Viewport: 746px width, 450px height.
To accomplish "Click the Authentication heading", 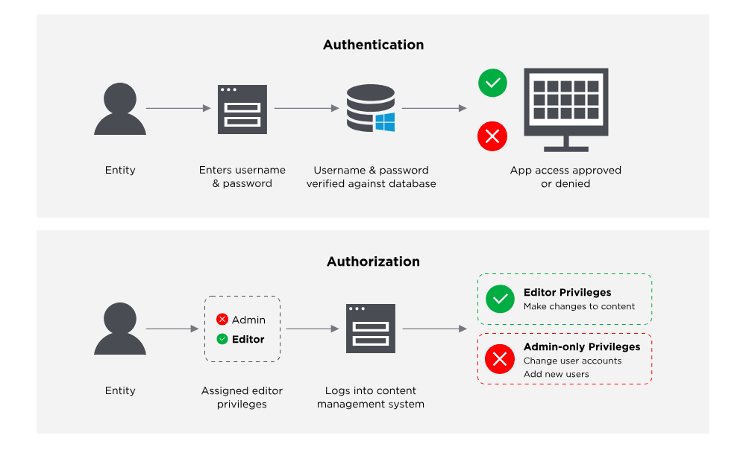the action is click(374, 45).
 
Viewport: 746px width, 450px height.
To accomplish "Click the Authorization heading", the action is click(374, 262).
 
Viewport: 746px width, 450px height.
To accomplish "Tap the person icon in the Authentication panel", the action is click(120, 109).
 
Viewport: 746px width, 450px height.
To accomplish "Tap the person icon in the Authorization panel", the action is click(120, 329).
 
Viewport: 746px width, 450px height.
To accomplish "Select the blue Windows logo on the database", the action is click(385, 122).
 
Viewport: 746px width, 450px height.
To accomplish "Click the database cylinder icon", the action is click(371, 108).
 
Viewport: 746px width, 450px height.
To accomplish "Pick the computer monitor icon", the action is click(566, 110).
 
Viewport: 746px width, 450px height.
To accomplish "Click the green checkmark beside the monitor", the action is click(492, 83).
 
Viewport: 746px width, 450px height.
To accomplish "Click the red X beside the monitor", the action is click(492, 136).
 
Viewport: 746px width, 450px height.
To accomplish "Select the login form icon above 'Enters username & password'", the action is click(242, 110).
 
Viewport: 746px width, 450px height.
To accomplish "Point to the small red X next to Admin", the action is click(222, 320).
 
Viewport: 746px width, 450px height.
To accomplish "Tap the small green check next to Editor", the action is click(222, 339).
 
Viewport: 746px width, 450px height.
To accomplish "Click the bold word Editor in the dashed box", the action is click(248, 339).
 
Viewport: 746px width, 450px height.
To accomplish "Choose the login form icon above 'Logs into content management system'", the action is click(371, 329).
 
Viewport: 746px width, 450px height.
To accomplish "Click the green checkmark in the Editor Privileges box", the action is click(500, 299).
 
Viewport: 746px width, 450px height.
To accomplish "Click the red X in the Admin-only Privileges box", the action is click(500, 359).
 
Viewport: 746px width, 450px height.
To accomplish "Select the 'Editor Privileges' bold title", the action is click(568, 293).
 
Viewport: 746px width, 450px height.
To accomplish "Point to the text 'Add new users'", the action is click(557, 375).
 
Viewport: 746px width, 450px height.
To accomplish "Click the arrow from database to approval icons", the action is click(434, 108).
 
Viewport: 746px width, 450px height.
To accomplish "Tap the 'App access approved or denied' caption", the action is click(565, 177).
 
